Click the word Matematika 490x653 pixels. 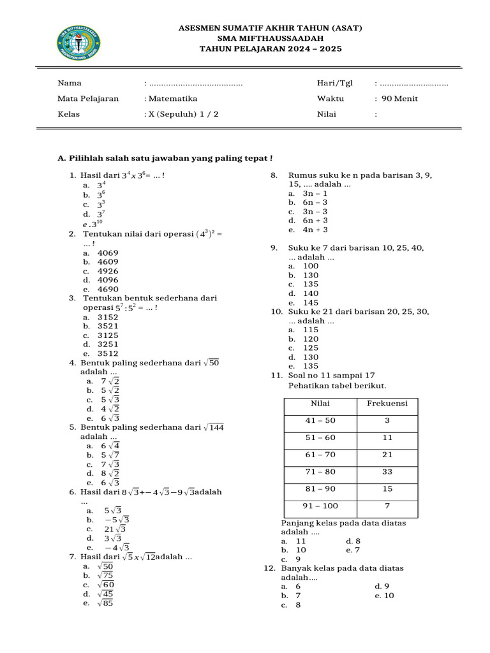pos(172,99)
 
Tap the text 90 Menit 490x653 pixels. pos(399,99)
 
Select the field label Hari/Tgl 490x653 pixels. pos(334,84)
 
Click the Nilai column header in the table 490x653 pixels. pos(320,404)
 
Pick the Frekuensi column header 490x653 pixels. pos(387,404)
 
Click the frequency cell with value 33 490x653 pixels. pos(387,472)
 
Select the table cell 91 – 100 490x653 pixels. pos(320,506)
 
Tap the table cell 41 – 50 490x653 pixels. pos(320,421)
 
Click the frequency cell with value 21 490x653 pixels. pos(387,455)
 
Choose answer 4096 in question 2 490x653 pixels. pos(108,280)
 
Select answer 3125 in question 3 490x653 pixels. pos(108,335)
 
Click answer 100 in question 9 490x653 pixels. pos(311,266)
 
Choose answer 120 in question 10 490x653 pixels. pos(311,339)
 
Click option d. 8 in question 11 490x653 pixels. pos(353,541)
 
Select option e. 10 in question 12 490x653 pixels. pos(385,596)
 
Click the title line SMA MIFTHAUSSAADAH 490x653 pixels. pos(262,38)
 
